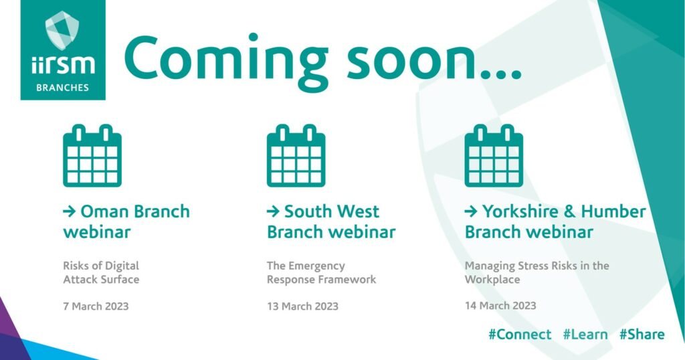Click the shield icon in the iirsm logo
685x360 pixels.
[x=62, y=29]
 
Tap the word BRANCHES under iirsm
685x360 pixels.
[x=62, y=88]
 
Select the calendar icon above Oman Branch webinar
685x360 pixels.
[x=92, y=155]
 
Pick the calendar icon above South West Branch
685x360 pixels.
[x=296, y=155]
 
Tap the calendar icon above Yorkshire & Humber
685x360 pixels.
[x=494, y=155]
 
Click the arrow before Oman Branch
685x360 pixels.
[x=70, y=212]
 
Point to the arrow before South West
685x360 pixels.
[x=273, y=212]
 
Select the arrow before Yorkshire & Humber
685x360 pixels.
[x=471, y=212]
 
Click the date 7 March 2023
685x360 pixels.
[x=96, y=306]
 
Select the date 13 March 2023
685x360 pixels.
[x=303, y=306]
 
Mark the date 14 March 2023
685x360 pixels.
[x=500, y=305]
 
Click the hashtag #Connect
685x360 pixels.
[x=520, y=334]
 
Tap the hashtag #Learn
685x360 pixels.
[x=585, y=334]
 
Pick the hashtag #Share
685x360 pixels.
[x=642, y=334]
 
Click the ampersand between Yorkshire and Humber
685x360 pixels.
[x=570, y=211]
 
